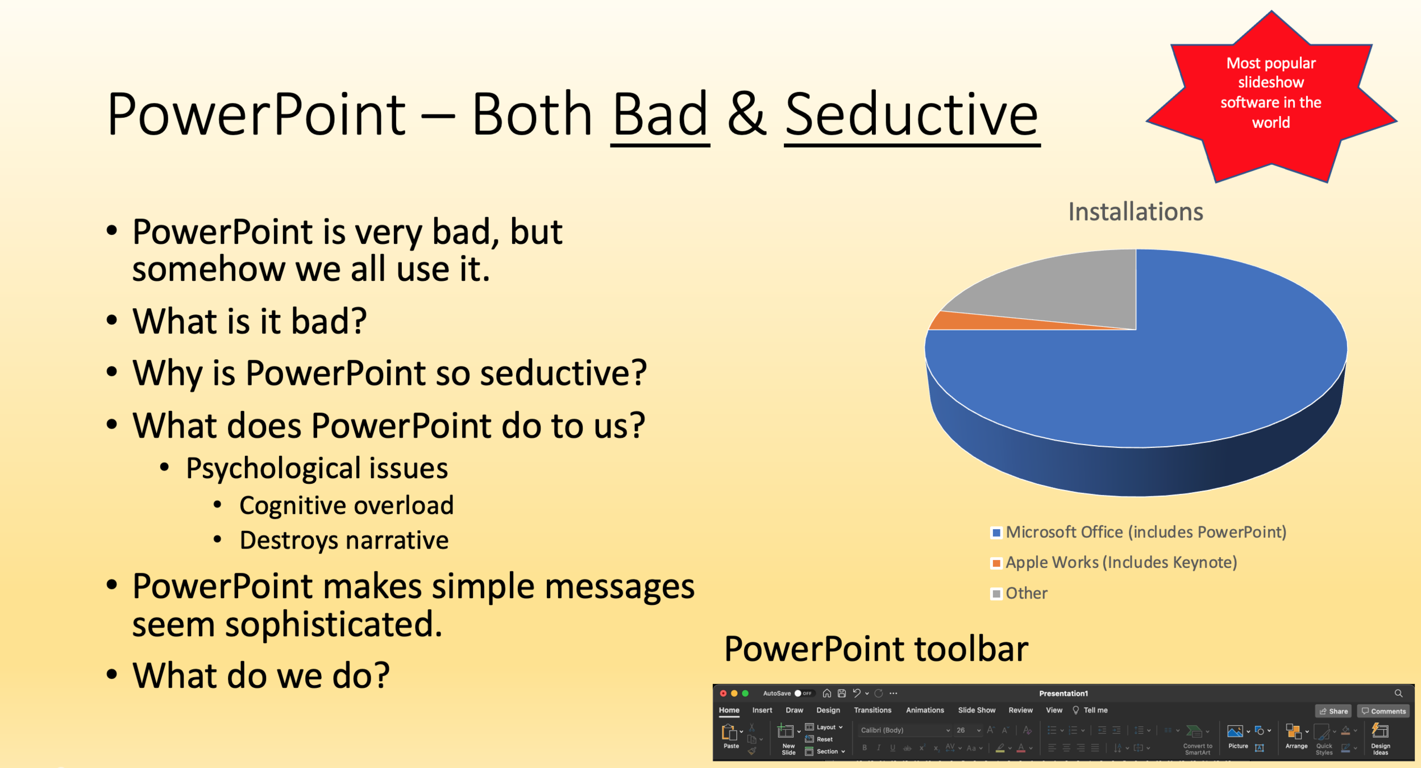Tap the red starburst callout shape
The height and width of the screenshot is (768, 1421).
(x=1271, y=97)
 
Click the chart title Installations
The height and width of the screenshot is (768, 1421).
(x=1135, y=212)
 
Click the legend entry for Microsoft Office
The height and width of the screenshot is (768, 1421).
(x=1145, y=533)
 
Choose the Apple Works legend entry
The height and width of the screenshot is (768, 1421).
(x=1120, y=563)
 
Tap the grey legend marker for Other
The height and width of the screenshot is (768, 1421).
(x=996, y=593)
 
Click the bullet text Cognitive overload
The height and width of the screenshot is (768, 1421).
(x=346, y=505)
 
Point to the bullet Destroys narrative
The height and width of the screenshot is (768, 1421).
(x=344, y=540)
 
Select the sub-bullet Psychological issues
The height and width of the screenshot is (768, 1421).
(x=317, y=468)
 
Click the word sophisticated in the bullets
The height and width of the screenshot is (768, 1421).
(x=333, y=624)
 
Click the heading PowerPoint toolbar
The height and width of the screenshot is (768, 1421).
(x=876, y=649)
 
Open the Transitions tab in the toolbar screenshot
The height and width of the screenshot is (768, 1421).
(x=872, y=711)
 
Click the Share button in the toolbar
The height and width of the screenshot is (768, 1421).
(x=1333, y=711)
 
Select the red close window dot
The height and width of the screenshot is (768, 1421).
(x=723, y=694)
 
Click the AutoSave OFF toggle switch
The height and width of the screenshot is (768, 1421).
(x=804, y=694)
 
